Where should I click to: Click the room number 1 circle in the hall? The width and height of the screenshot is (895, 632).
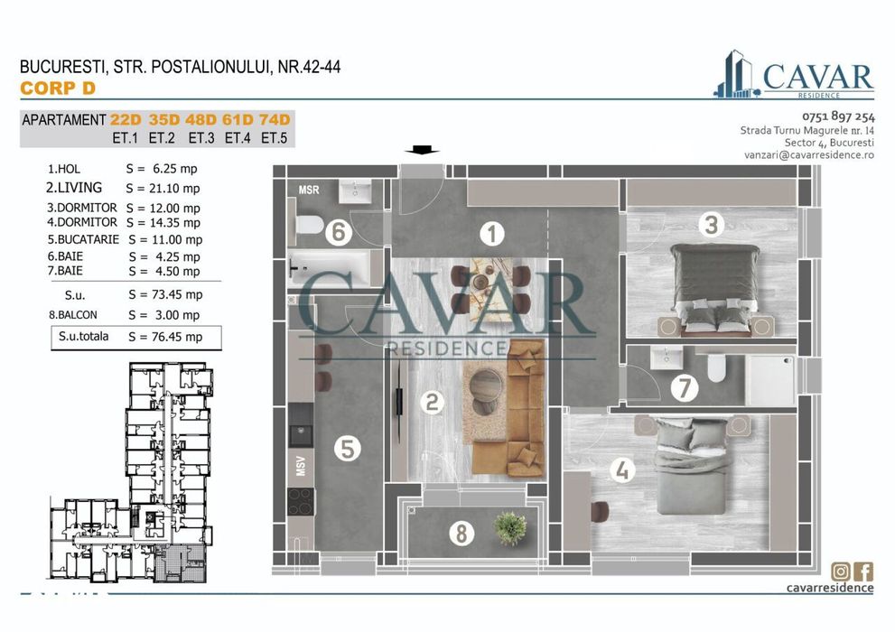(491, 235)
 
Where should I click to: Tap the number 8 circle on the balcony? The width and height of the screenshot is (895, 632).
(461, 534)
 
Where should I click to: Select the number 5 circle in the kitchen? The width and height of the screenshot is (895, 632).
(347, 449)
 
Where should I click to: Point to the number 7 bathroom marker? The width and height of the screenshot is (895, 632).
(685, 389)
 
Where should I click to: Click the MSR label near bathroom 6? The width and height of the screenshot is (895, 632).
(309, 190)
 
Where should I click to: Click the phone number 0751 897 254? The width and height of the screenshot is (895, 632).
(838, 116)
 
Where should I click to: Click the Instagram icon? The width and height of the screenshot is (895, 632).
(841, 571)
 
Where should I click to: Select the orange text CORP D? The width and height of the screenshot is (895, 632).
(57, 88)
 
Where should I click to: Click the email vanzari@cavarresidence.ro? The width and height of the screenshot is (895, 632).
(808, 155)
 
